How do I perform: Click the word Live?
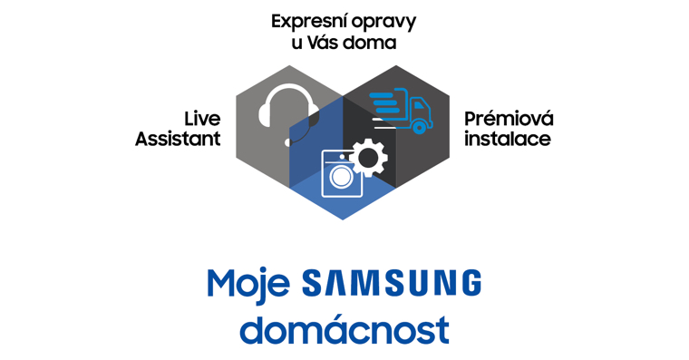pos(201,119)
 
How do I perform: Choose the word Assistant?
pos(178,139)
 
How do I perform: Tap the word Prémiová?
pos(509,118)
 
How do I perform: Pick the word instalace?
pos(508,139)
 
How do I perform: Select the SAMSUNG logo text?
pos(392,282)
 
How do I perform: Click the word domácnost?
pos(344,330)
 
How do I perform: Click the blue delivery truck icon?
pos(401,111)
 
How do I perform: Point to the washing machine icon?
pos(343,173)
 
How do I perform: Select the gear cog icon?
pos(368,158)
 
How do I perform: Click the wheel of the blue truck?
pos(419,128)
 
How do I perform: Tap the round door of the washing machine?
pos(342,177)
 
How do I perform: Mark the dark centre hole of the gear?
pos(368,158)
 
